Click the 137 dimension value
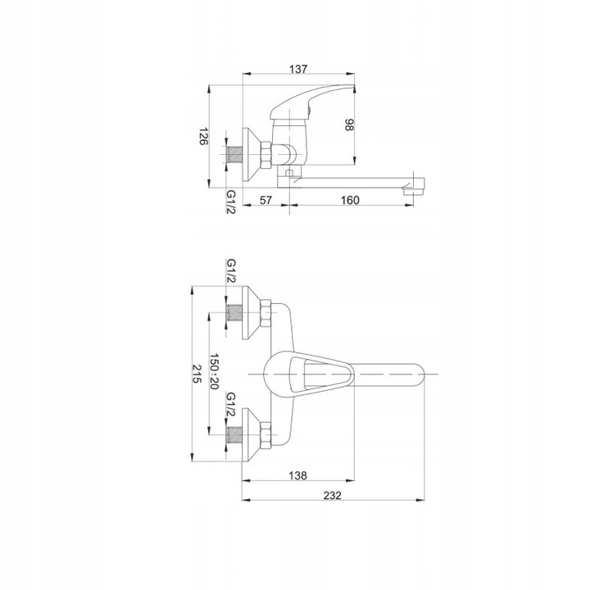(298, 69)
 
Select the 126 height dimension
(203, 137)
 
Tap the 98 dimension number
(350, 125)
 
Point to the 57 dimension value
(265, 200)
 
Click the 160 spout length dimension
(350, 200)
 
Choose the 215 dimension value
(197, 374)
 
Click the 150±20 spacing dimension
(214, 371)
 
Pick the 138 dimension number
(297, 475)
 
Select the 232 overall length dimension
(332, 496)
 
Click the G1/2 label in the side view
(230, 202)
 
